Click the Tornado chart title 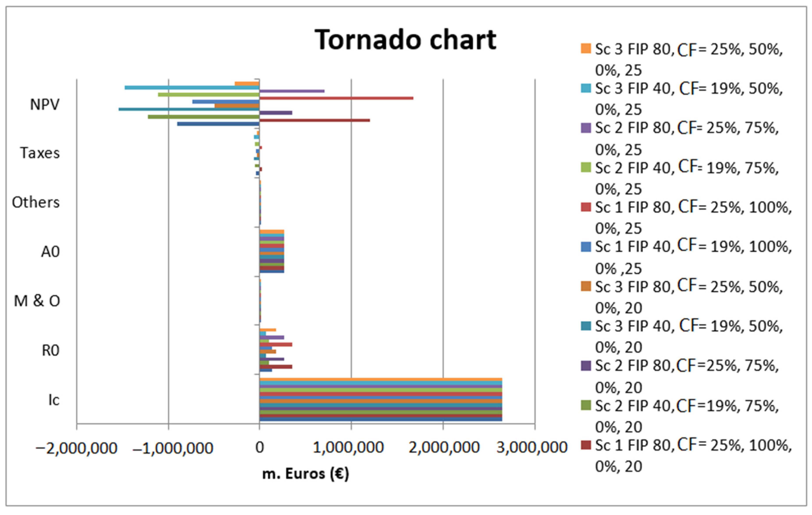pos(405,40)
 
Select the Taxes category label pos(40,153)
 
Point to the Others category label pos(36,203)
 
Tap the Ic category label pos(54,400)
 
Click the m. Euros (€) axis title pos(305,474)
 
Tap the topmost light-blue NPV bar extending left pos(192,88)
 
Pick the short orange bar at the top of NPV pos(247,84)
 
